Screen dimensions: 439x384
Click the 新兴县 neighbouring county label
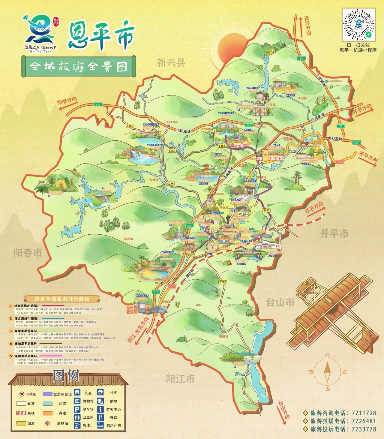[x=171, y=63]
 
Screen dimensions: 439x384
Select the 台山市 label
[x=280, y=302]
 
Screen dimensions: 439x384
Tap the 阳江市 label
[x=180, y=378]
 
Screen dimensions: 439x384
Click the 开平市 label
[x=334, y=233]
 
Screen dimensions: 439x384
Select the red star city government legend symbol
[x=22, y=394]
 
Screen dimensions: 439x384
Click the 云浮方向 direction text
[x=308, y=26]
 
